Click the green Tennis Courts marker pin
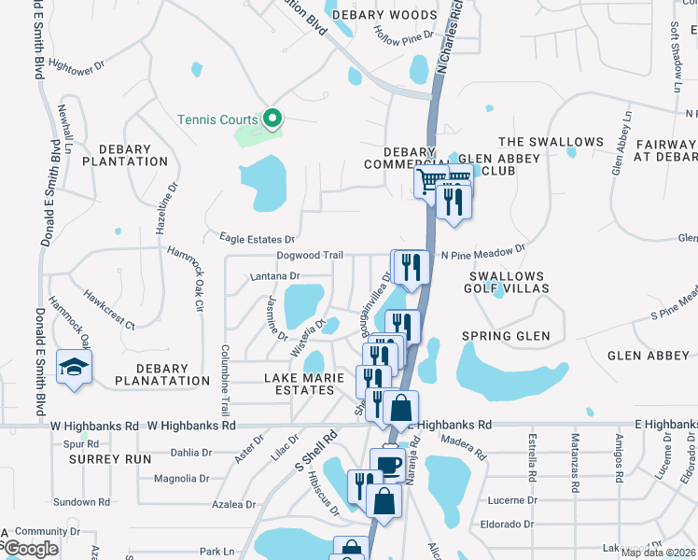272,119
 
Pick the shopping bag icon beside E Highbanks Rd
400,408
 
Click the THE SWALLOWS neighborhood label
551,142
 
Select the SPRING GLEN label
505,335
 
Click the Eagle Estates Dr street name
257,239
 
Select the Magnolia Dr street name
182,479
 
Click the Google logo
31,549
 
